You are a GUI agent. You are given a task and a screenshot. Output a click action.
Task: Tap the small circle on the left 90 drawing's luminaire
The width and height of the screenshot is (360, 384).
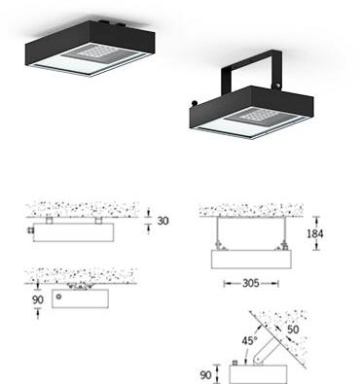59,296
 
